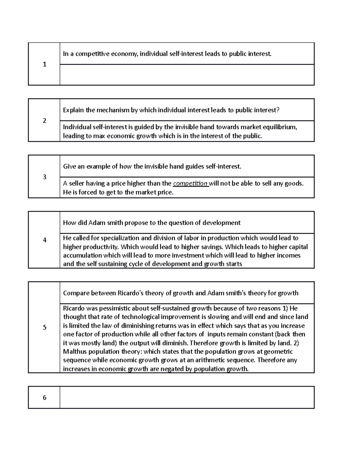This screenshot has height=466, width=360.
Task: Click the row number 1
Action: point(44,64)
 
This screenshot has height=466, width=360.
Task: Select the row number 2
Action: point(44,121)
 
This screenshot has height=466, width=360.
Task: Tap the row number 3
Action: point(44,177)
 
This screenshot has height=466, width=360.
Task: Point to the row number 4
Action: point(44,240)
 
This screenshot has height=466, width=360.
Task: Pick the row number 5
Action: point(44,327)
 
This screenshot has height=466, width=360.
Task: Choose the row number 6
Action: point(44,398)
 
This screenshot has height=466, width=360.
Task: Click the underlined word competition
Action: point(190,184)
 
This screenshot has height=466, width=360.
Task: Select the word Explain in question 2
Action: point(73,110)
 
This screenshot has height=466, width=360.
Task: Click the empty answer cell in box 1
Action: point(187,75)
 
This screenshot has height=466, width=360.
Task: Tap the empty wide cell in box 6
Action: point(187,398)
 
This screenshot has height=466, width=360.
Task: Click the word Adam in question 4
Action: point(95,223)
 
